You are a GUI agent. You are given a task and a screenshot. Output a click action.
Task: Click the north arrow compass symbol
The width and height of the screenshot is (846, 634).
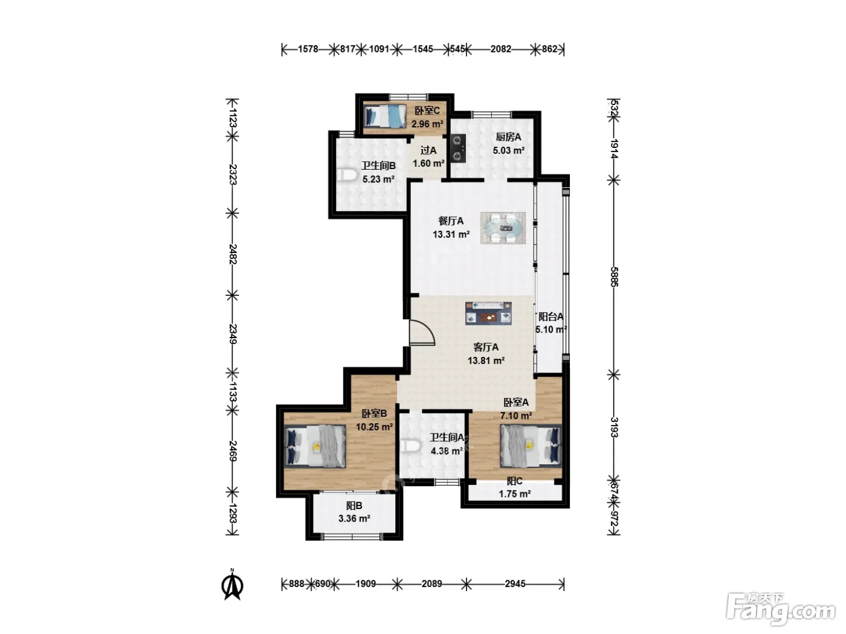click(232, 584)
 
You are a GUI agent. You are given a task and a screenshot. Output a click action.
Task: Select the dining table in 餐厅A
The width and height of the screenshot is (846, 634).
click(503, 228)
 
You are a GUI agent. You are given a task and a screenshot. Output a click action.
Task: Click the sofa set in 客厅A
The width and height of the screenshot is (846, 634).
click(488, 313)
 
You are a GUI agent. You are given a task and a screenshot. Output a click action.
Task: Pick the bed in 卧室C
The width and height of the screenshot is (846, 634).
click(385, 116)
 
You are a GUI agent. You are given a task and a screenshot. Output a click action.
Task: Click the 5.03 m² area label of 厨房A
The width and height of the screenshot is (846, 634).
click(508, 150)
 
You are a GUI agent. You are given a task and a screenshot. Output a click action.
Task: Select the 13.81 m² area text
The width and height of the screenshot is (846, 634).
click(486, 360)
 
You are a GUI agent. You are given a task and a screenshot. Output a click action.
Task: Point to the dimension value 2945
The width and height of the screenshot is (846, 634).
click(515, 583)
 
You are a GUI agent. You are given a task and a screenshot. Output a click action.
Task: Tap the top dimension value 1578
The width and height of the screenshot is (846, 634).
click(308, 49)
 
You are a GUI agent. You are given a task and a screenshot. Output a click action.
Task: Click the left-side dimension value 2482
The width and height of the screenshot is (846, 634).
click(233, 254)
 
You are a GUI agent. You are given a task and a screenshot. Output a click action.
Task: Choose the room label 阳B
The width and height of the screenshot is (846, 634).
click(354, 505)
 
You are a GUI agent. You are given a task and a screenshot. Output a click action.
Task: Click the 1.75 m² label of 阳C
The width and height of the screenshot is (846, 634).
click(514, 494)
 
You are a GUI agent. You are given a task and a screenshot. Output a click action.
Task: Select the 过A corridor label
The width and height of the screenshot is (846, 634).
click(428, 150)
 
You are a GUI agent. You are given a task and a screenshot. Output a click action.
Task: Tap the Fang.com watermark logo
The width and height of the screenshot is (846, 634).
click(781, 610)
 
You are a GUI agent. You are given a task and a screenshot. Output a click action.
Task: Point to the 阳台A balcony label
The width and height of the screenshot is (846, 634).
click(551, 316)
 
